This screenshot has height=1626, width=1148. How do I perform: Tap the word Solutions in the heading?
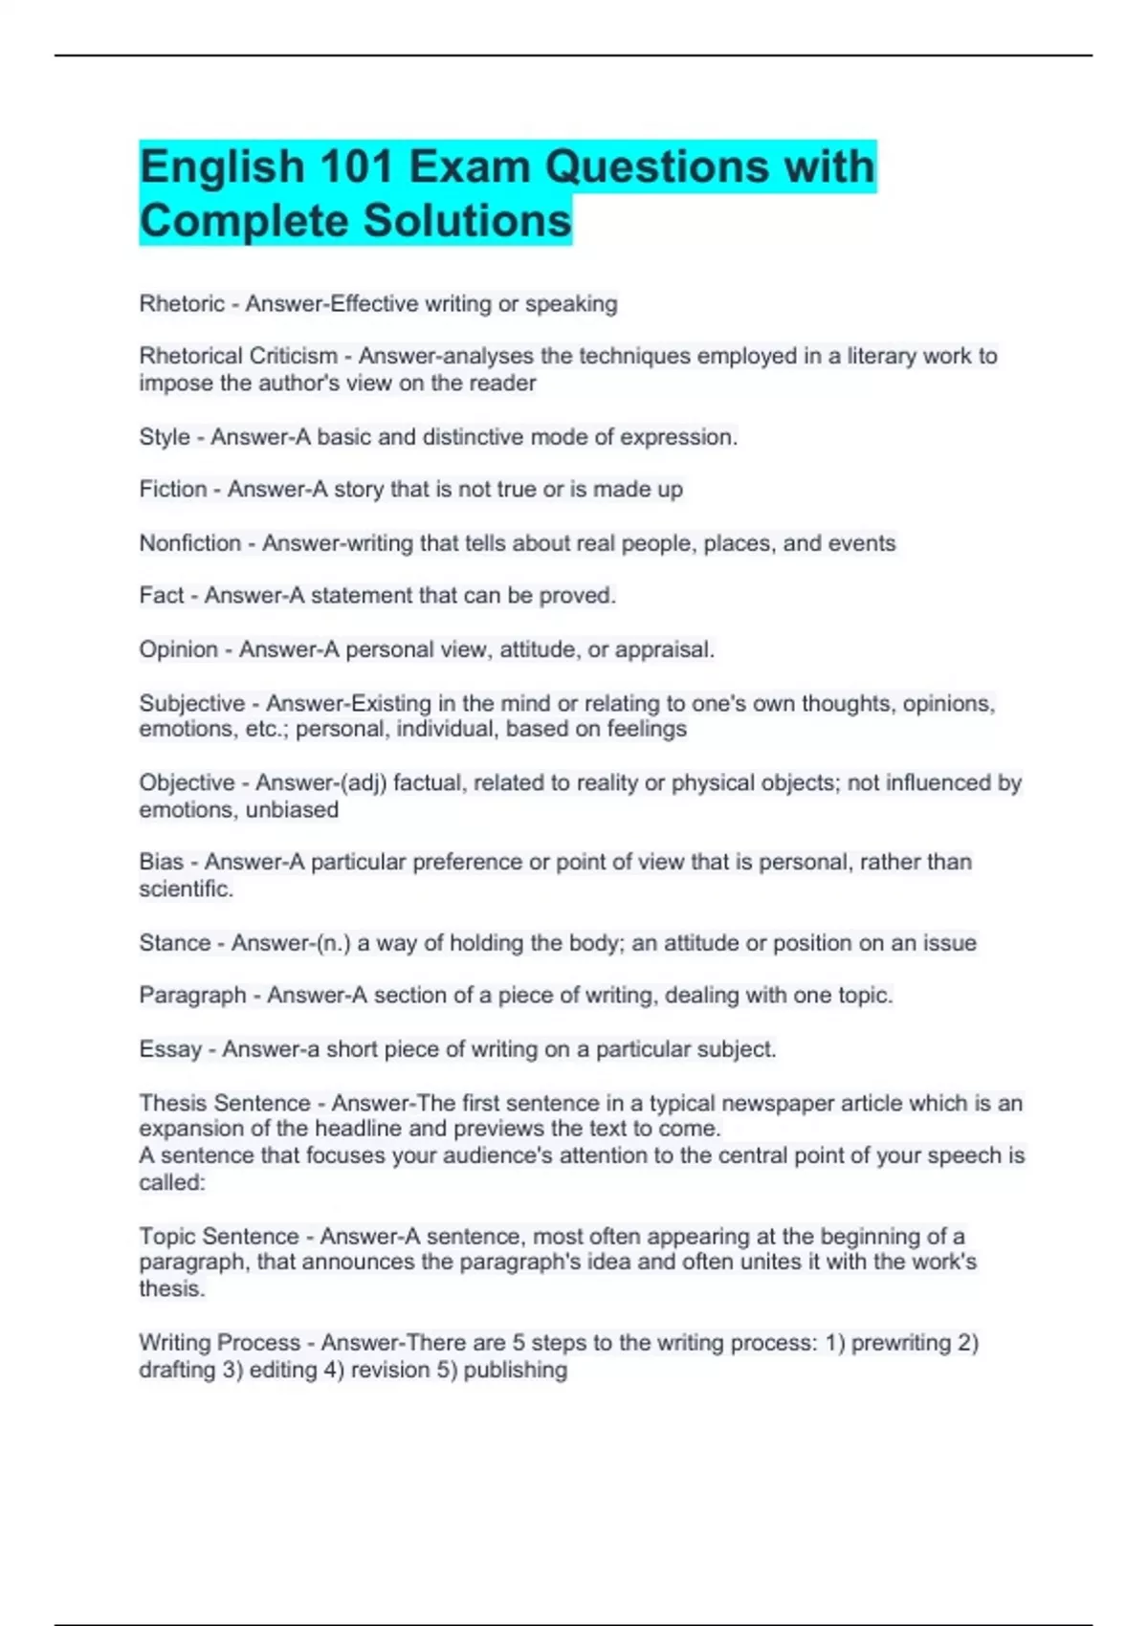(x=467, y=221)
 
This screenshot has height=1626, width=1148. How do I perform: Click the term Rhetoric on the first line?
(x=182, y=304)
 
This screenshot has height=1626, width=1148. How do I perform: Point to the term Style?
(x=165, y=437)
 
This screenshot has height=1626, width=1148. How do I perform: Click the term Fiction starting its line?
(x=173, y=490)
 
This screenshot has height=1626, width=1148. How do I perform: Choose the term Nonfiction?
(x=190, y=543)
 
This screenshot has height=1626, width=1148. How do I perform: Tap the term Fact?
(x=162, y=595)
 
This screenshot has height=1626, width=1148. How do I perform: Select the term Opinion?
(x=179, y=649)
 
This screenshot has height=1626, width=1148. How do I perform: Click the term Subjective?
(x=192, y=703)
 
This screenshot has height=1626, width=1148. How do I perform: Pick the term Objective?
(x=188, y=782)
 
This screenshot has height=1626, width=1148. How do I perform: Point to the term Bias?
(x=161, y=862)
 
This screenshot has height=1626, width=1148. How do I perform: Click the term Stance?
(x=174, y=943)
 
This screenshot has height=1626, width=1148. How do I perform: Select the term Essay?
(x=170, y=1049)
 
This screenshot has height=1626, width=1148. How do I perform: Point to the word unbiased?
(x=292, y=809)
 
